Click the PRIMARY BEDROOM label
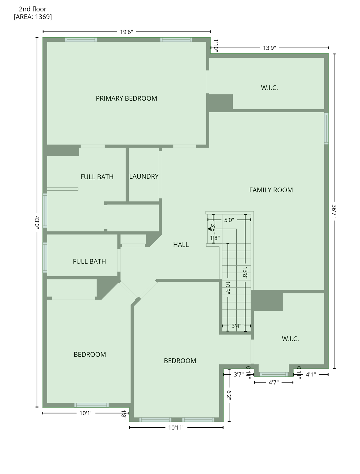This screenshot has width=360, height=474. tap(126, 98)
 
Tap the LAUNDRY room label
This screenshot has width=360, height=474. tap(144, 176)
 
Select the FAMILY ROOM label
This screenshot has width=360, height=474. tap(271, 190)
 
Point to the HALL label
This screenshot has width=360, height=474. tap(181, 245)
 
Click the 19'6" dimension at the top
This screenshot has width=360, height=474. tap(127, 32)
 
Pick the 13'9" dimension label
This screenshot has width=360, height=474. tap(269, 48)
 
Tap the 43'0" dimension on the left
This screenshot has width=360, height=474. tap(37, 221)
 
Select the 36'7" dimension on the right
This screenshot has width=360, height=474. tap(334, 211)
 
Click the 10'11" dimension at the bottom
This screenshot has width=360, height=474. tap(176, 427)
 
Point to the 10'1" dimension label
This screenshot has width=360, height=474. tap(86, 413)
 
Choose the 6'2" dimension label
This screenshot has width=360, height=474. tap(229, 395)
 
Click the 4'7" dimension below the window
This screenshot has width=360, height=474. tap(274, 382)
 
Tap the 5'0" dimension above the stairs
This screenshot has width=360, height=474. tap(229, 220)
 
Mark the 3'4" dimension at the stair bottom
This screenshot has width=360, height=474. tap(237, 326)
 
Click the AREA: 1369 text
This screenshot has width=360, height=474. tap(33, 17)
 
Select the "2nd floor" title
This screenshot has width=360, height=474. tap(33, 9)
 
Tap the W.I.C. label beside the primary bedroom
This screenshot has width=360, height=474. tap(269, 88)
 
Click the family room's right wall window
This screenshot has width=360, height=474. tap(326, 128)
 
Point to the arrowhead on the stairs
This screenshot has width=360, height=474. tap(209, 229)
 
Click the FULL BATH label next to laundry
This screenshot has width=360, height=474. tap(97, 177)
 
